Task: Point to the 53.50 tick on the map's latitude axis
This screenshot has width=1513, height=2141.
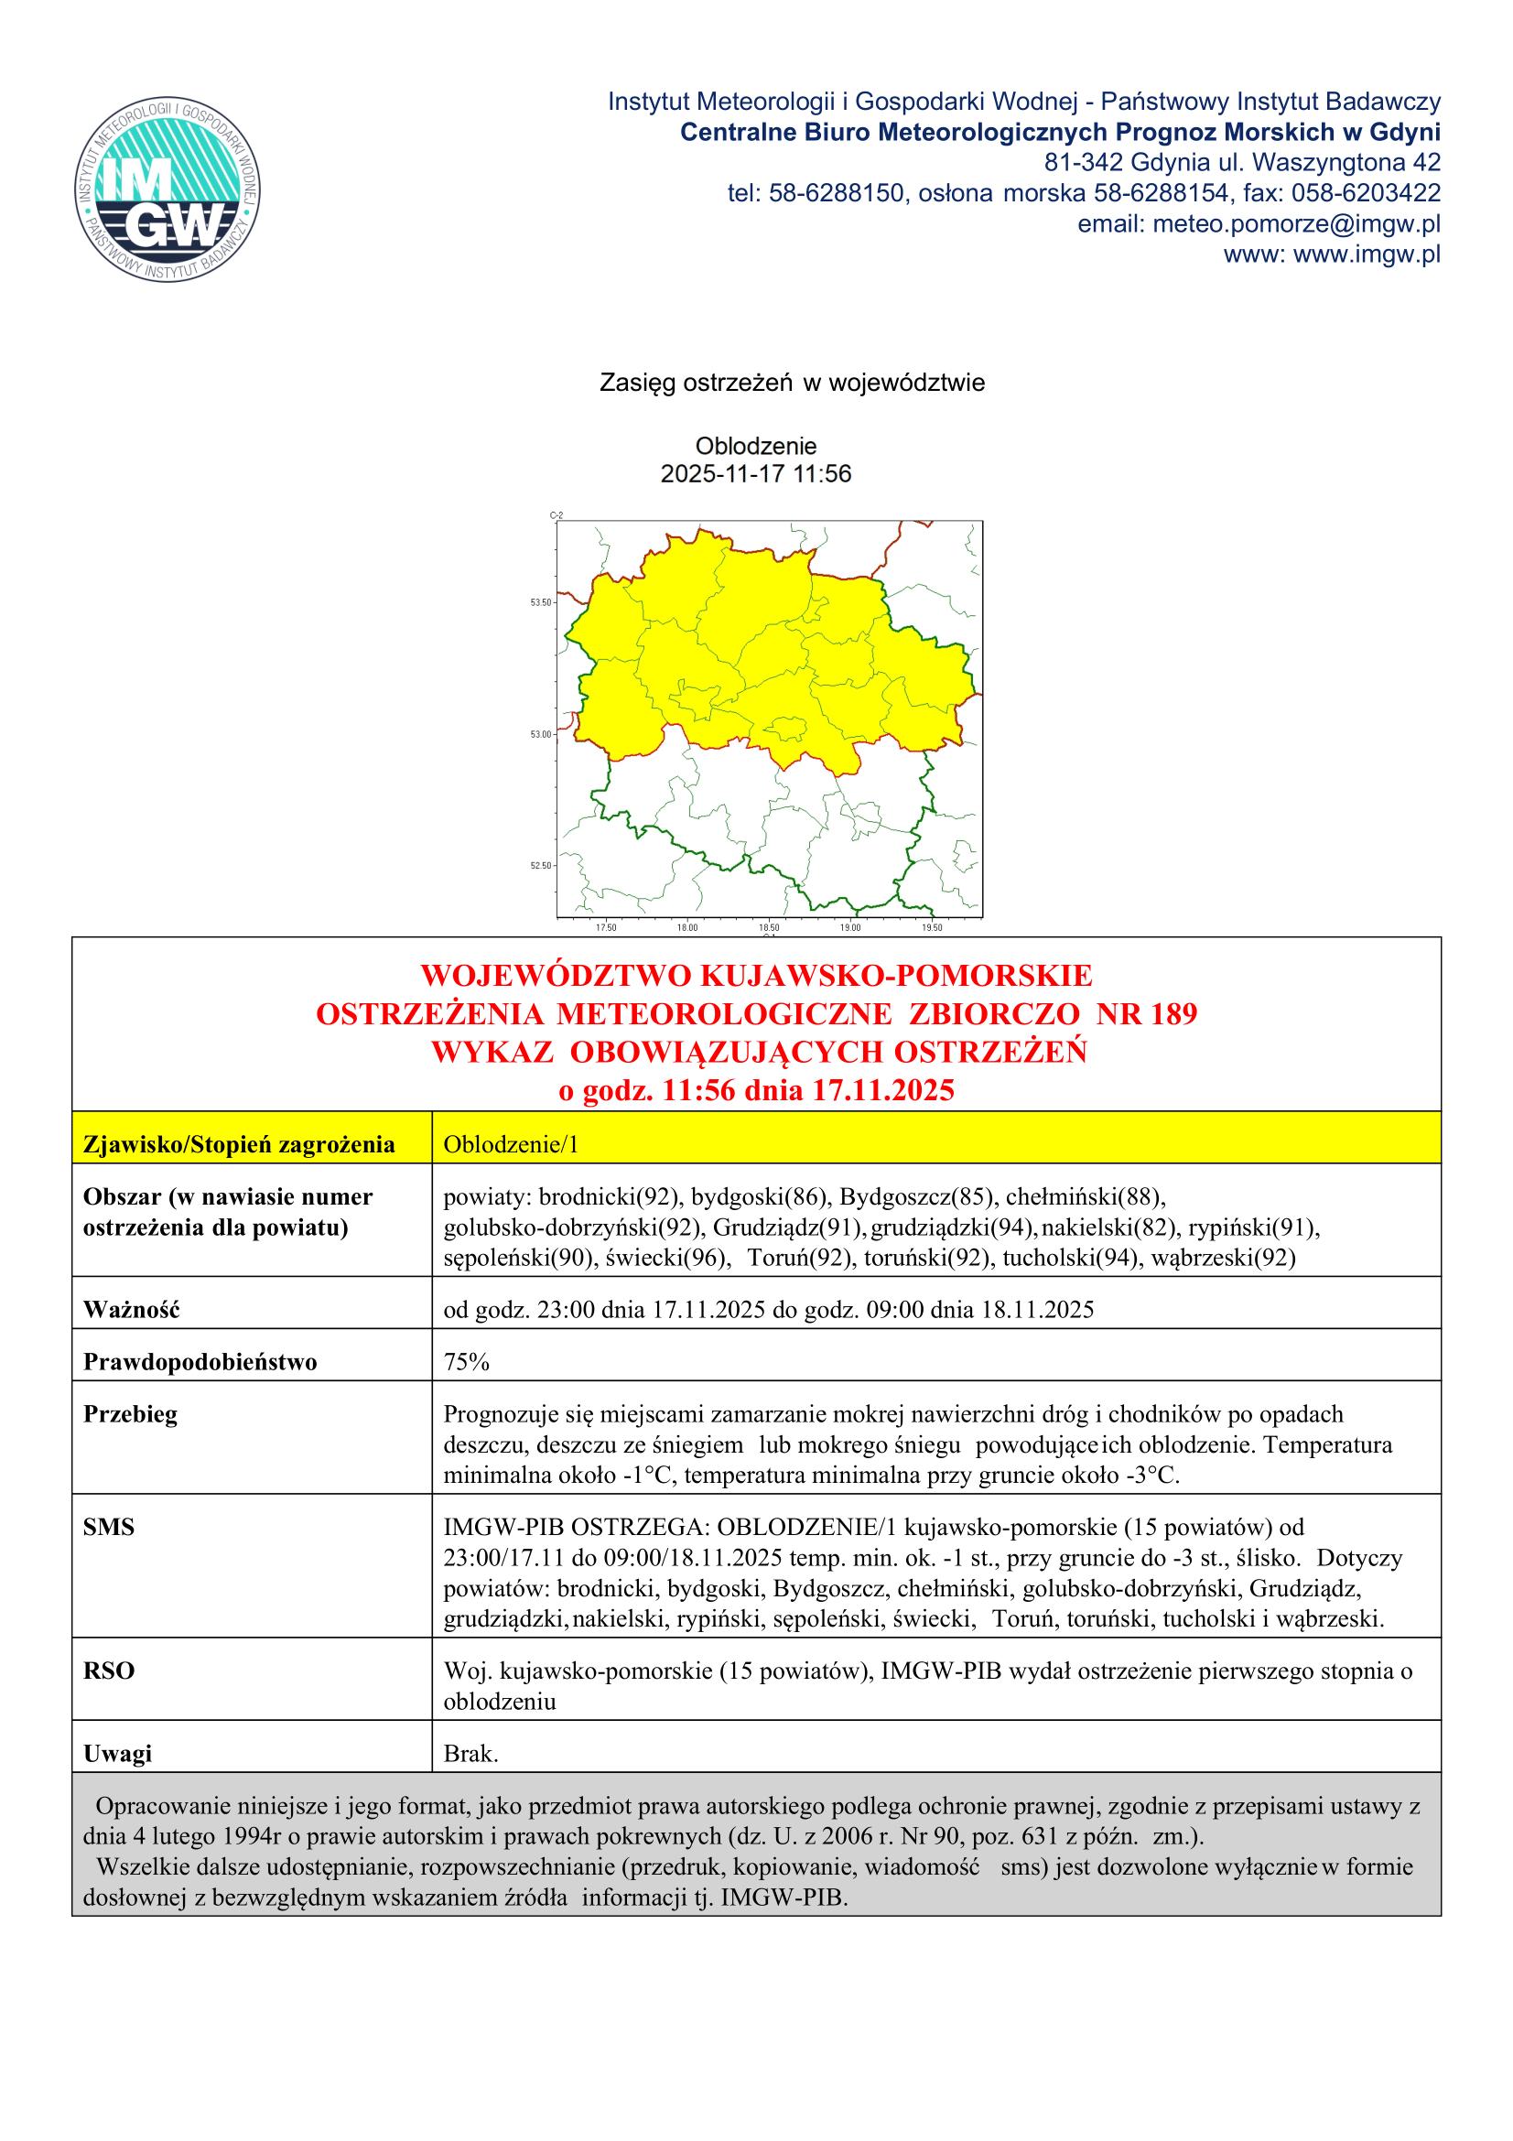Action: [x=541, y=602]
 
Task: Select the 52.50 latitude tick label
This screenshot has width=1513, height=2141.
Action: [x=541, y=865]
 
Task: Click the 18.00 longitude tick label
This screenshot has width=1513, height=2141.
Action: [x=687, y=928]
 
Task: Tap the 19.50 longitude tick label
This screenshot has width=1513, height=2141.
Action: [x=931, y=928]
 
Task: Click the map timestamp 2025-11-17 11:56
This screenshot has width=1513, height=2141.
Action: [x=756, y=475]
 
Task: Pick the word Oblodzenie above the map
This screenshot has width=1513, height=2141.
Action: [x=756, y=446]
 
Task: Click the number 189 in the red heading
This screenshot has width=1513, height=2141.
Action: [x=1169, y=1013]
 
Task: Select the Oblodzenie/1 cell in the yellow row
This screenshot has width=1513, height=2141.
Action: [x=511, y=1144]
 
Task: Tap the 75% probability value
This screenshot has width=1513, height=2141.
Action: [x=467, y=1361]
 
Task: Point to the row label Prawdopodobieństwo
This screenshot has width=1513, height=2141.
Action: [x=200, y=1361]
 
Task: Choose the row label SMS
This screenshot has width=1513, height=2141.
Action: [x=108, y=1527]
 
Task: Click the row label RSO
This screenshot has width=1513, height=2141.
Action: [x=108, y=1671]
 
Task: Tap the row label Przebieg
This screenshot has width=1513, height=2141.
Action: [x=130, y=1413]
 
